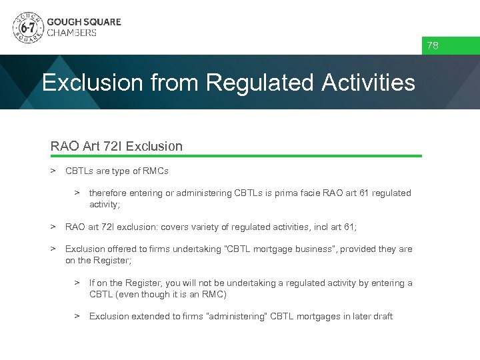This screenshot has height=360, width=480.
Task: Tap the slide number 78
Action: [x=433, y=46]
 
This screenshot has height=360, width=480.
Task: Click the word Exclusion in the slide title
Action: [x=93, y=83]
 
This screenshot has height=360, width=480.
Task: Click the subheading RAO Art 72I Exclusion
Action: [x=117, y=145]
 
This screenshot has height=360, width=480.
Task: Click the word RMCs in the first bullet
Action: [x=155, y=171]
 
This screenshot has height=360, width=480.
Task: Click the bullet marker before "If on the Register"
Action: [x=77, y=283]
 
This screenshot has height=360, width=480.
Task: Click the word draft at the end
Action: [x=383, y=317]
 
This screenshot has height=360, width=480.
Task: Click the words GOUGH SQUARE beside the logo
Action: [x=84, y=22]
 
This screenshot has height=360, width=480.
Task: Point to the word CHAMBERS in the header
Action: [x=71, y=33]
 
